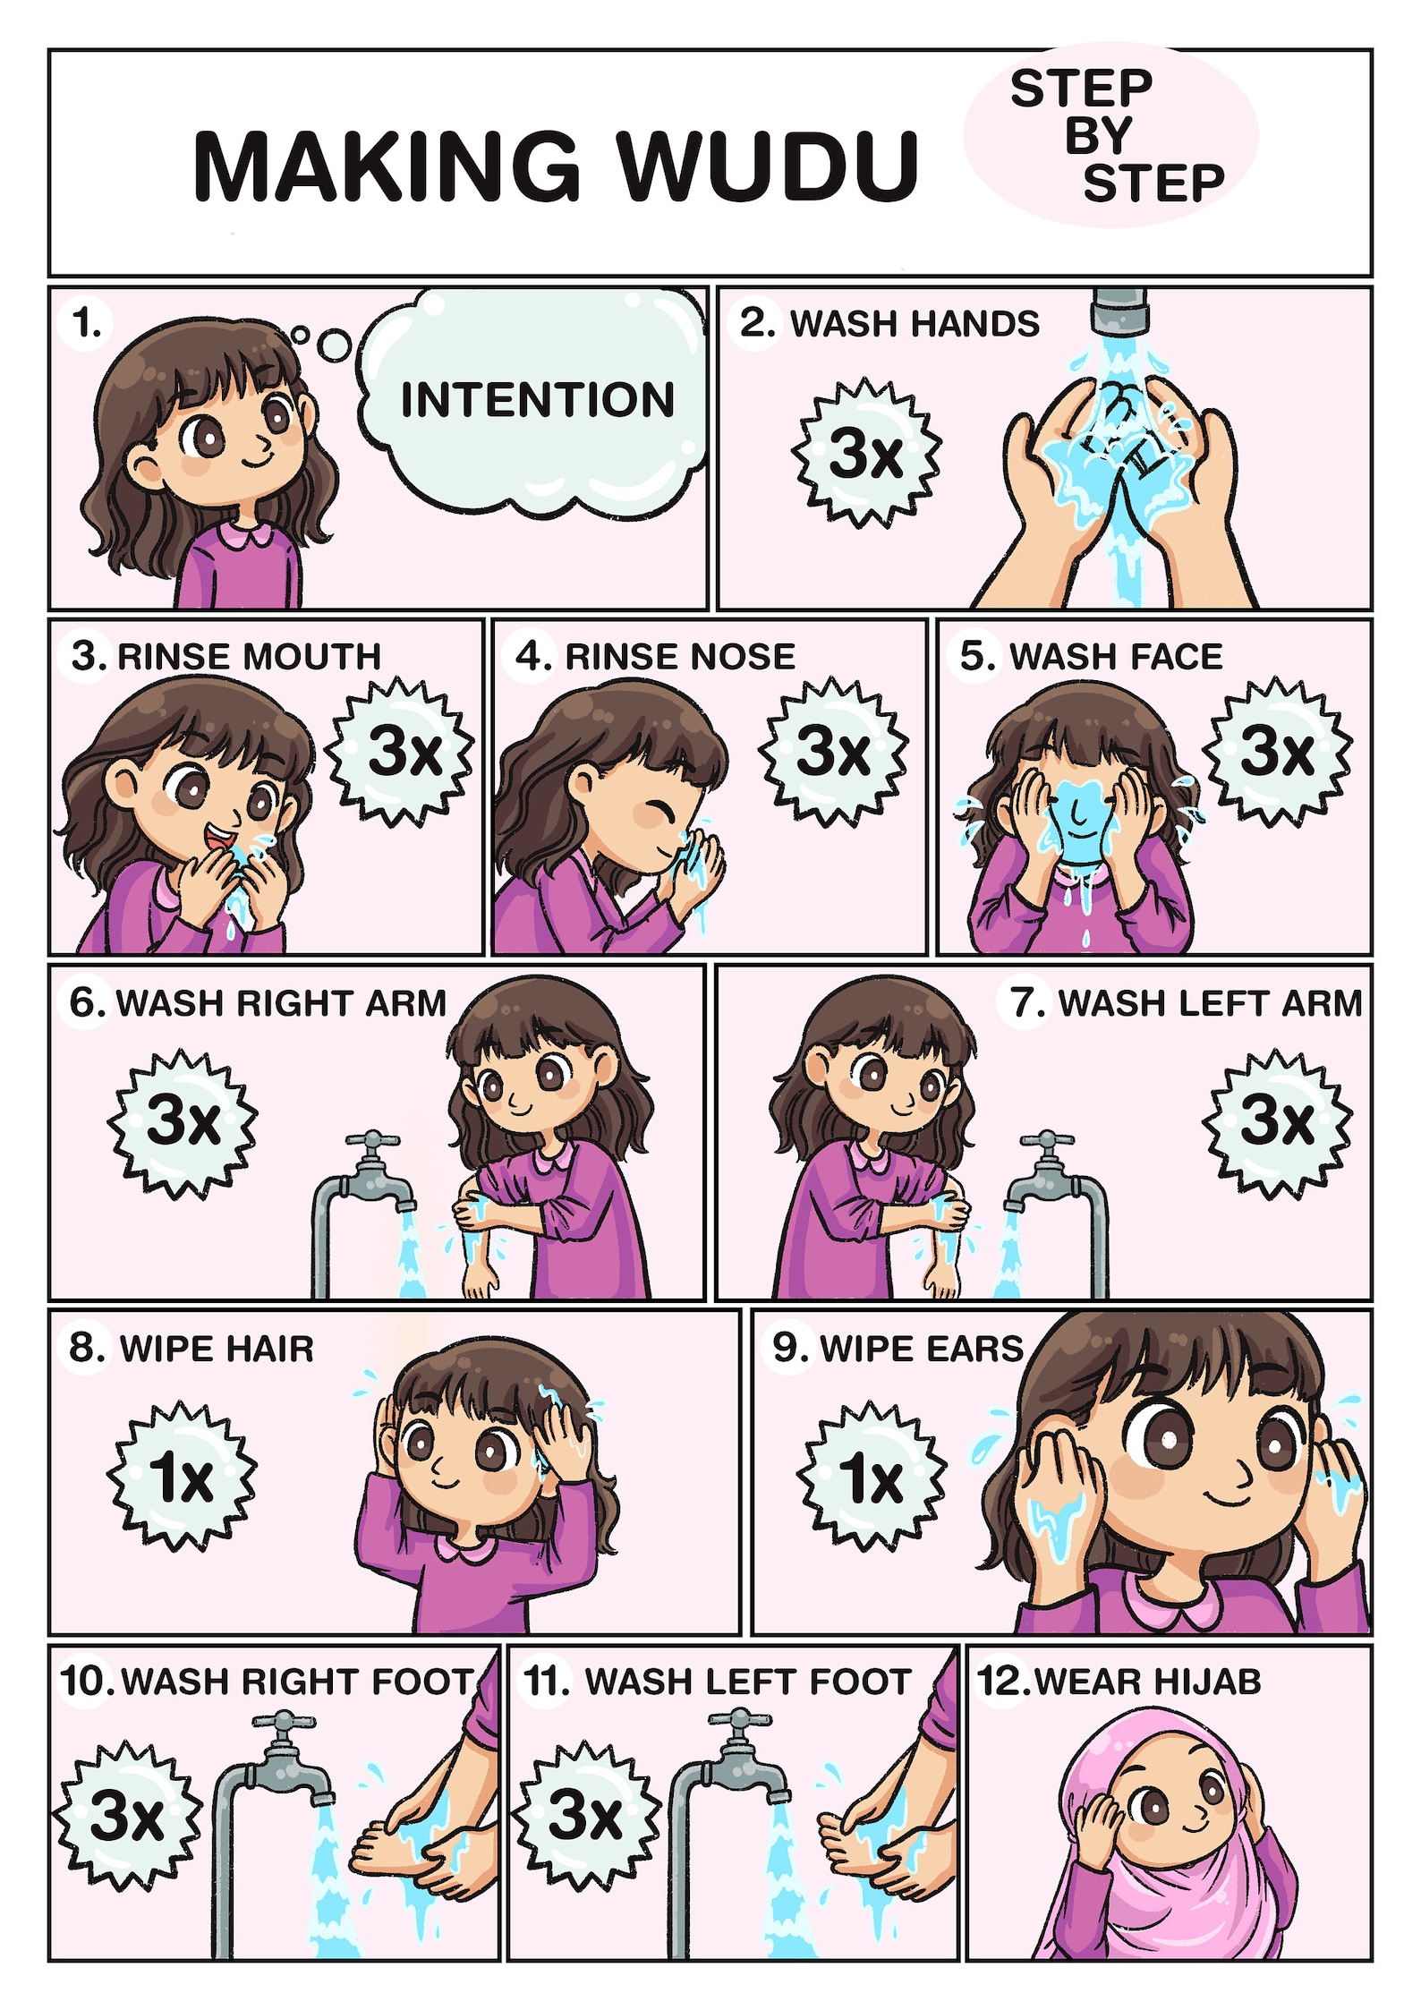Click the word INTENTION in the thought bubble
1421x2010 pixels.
[537, 399]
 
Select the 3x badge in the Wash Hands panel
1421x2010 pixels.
[865, 452]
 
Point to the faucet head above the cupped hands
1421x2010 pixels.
[1119, 310]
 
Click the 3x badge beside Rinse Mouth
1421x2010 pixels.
[403, 751]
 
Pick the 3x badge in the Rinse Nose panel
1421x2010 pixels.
[833, 751]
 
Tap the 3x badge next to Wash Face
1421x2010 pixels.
[1276, 751]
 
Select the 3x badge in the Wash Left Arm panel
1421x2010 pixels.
[1276, 1122]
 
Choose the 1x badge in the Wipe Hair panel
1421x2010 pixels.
[183, 1476]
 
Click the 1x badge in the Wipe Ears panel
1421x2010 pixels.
[871, 1476]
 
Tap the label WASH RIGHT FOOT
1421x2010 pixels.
[296, 1682]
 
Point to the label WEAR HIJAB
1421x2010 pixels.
[1147, 1682]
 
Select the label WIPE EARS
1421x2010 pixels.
[921, 1349]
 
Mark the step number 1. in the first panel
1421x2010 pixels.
[87, 323]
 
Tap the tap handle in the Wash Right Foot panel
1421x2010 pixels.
[284, 1723]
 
